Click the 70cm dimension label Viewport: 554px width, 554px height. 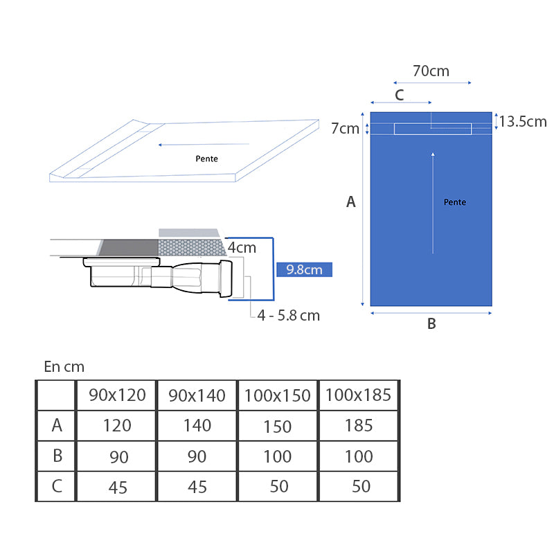tap(431, 71)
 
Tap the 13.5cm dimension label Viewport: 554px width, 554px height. tap(523, 122)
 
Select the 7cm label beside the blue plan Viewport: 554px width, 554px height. tap(345, 128)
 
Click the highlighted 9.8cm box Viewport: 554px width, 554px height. tap(305, 269)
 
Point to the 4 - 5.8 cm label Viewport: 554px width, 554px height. tap(289, 315)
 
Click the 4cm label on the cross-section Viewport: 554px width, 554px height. tap(242, 247)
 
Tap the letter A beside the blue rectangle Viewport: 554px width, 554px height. tap(351, 202)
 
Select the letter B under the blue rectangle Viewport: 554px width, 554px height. tap(431, 323)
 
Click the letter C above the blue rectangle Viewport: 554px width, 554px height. tap(400, 95)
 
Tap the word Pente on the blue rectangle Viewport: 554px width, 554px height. tap(455, 202)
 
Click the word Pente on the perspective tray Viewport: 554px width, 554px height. tap(206, 159)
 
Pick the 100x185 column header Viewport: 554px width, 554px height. tap(359, 395)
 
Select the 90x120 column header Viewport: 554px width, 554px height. tap(117, 395)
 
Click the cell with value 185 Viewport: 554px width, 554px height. tap(359, 425)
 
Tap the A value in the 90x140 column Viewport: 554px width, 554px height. tap(197, 425)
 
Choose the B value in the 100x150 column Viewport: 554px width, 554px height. tap(278, 456)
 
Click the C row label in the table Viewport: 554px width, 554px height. tap(57, 486)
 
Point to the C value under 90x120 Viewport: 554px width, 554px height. tap(118, 487)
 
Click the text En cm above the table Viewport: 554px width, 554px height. tap(64, 367)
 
